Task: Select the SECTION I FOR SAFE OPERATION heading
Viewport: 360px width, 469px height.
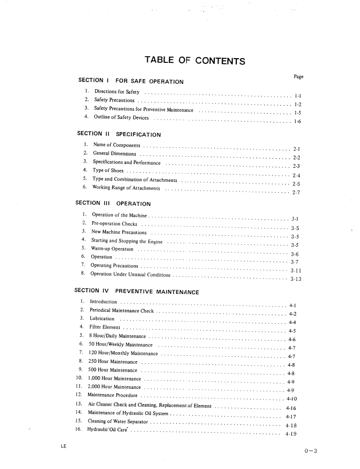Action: [x=130, y=81]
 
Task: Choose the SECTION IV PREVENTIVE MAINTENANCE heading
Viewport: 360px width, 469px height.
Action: [x=136, y=291]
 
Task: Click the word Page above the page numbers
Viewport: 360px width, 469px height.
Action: [x=299, y=77]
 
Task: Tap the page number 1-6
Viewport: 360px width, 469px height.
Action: [x=298, y=121]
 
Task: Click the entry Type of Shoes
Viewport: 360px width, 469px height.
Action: [x=108, y=170]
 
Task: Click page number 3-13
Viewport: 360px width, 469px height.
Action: [x=296, y=279]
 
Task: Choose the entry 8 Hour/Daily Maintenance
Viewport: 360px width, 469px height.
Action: [x=118, y=336]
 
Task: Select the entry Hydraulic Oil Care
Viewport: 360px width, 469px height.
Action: [x=108, y=431]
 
